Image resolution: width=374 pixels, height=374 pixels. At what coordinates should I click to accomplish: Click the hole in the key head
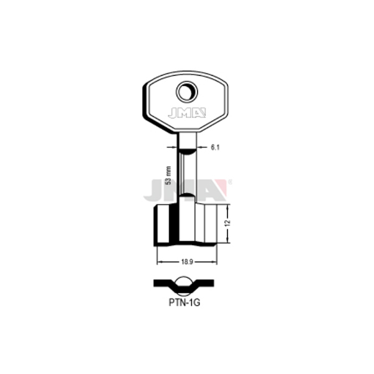(x=187, y=92)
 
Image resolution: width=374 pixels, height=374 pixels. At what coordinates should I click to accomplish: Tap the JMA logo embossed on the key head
(x=187, y=113)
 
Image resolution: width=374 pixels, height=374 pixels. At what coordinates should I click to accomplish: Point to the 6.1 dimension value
(x=214, y=148)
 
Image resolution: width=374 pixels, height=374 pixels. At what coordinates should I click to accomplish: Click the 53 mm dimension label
(x=169, y=175)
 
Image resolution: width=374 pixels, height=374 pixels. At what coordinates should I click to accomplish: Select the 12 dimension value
(x=228, y=223)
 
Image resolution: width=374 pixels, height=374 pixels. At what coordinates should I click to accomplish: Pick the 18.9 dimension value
(x=187, y=262)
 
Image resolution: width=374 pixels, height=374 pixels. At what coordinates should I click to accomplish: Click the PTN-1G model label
(x=185, y=303)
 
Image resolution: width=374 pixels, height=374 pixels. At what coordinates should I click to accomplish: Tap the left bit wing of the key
(x=166, y=225)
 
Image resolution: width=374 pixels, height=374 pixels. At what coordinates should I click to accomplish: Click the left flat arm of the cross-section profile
(x=163, y=283)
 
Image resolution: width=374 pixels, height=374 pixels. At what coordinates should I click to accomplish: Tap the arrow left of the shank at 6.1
(x=172, y=147)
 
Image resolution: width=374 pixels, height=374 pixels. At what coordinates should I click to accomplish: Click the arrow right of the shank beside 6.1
(x=202, y=147)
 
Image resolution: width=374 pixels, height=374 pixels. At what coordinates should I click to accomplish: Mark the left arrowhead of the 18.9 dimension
(x=160, y=262)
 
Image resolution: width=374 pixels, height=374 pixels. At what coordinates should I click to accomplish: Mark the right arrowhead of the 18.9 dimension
(x=214, y=262)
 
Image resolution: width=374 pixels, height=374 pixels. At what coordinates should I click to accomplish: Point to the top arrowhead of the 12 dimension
(x=228, y=208)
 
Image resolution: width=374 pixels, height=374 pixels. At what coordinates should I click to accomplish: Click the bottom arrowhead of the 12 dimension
(x=228, y=240)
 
